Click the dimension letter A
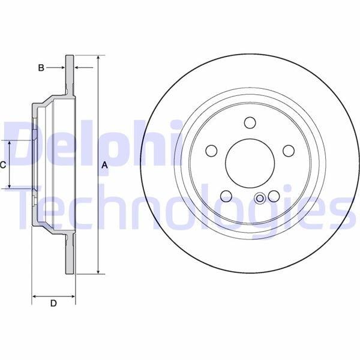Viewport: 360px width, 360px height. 104,165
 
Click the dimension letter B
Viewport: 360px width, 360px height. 41,68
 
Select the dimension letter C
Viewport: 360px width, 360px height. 2,164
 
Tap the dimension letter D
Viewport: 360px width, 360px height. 53,303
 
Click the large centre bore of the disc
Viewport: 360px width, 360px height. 250,163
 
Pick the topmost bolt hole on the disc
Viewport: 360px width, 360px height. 250,122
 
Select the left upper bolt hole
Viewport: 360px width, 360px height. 211,151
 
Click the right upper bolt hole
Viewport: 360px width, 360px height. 289,151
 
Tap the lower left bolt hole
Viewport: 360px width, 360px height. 226,196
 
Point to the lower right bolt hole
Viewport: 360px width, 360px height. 274,196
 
